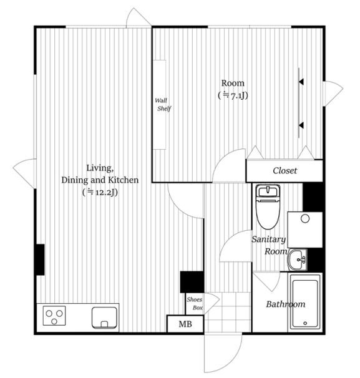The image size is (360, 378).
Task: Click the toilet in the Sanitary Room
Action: click(268, 207)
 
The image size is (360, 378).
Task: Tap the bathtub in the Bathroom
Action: click(305, 302)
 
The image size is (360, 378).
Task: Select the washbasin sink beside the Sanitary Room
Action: click(297, 260)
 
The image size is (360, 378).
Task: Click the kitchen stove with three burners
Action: click(54, 316)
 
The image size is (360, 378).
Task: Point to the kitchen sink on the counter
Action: click(104, 317)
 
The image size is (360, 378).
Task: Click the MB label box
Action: click(185, 324)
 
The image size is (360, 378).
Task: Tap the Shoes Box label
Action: click(195, 304)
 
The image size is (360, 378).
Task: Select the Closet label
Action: click(285, 171)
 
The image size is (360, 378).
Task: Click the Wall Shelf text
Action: click(163, 105)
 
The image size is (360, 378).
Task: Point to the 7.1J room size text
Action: click(233, 95)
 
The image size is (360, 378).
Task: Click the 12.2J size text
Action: click(100, 192)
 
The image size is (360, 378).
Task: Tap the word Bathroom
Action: click(286, 304)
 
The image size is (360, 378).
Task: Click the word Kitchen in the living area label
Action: click(123, 180)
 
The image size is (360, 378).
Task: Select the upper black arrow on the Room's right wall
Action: click(301, 82)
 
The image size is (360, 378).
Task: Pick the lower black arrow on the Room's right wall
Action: click(301, 125)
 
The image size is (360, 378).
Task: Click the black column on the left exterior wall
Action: click(40, 259)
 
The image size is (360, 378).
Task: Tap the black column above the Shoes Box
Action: click(192, 282)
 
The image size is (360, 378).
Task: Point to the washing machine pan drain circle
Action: click(305, 219)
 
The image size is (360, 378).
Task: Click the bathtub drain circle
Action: click(305, 323)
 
